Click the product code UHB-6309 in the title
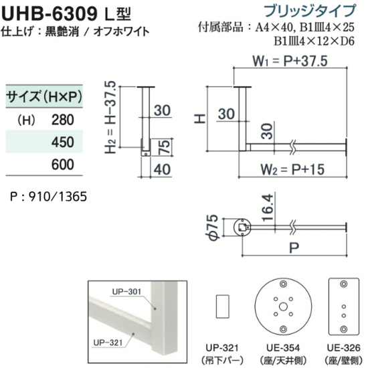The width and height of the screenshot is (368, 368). click(x=50, y=14)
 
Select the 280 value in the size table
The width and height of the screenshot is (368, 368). click(x=63, y=120)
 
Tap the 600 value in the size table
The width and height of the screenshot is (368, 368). click(x=63, y=165)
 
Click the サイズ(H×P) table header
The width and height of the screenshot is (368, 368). click(x=44, y=96)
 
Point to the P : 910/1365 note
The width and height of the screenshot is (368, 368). click(x=49, y=197)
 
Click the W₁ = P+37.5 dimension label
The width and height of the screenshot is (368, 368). click(x=290, y=61)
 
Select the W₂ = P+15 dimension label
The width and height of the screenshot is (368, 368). click(x=292, y=169)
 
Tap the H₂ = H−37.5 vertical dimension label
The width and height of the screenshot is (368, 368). click(x=110, y=117)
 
